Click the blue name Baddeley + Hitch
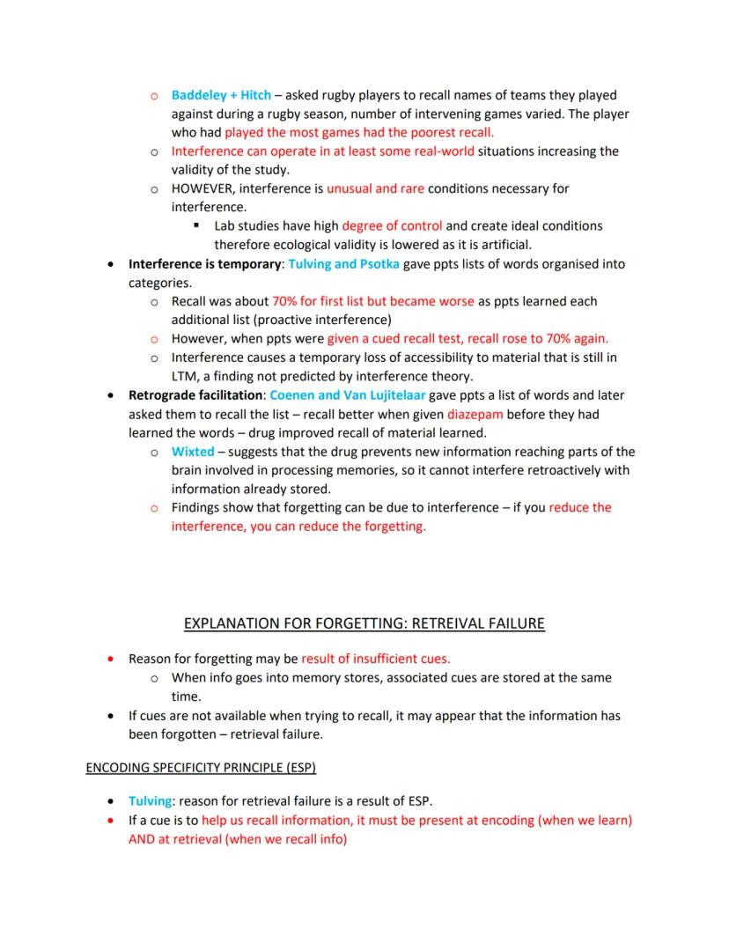221,95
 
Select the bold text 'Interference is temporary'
203,264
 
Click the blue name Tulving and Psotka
343,264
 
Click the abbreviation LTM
185,376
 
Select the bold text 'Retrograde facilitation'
195,395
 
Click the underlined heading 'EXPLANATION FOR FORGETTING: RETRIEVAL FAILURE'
364,624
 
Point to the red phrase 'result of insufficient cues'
375,659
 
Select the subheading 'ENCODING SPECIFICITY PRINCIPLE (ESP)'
201,768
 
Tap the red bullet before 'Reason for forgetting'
110,659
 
